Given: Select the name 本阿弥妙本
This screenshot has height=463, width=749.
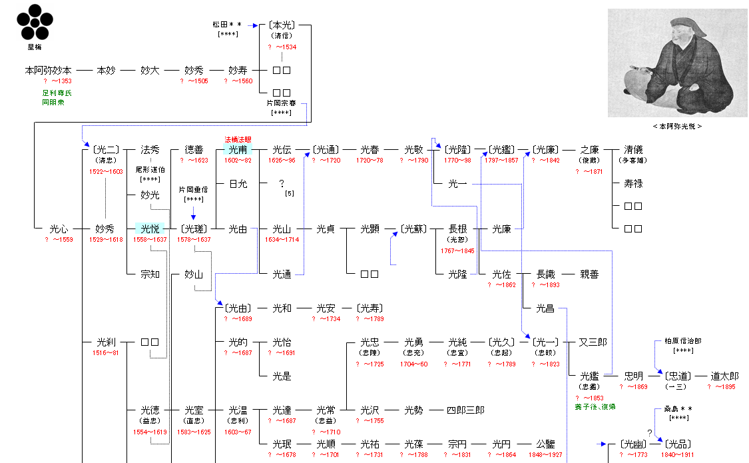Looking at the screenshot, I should pyautogui.click(x=48, y=70).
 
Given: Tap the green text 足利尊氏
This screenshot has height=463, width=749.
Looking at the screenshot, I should pyautogui.click(x=57, y=93).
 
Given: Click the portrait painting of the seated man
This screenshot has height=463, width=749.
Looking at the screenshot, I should pyautogui.click(x=677, y=63).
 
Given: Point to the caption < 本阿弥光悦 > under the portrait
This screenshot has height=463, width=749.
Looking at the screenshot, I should pyautogui.click(x=677, y=126).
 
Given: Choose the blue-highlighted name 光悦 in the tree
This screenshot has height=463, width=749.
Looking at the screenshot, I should pyautogui.click(x=150, y=229).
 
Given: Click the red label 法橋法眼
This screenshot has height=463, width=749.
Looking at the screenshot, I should pyautogui.click(x=238, y=140).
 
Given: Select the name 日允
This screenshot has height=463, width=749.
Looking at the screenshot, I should pyautogui.click(x=238, y=184).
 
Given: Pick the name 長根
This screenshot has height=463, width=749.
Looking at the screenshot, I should pyautogui.click(x=457, y=229).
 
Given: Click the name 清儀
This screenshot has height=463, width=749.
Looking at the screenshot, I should pyautogui.click(x=633, y=150).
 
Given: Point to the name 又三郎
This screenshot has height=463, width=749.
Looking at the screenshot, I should pyautogui.click(x=593, y=342).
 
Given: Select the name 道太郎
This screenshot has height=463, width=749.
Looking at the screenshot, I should pyautogui.click(x=724, y=376).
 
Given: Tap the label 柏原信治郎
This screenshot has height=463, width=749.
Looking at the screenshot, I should pyautogui.click(x=682, y=341).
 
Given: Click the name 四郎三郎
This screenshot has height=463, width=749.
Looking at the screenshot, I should pyautogui.click(x=465, y=410).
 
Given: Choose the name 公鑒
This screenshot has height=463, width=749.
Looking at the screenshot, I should pyautogui.click(x=545, y=444).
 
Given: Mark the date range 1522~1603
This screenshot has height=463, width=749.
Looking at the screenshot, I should pyautogui.click(x=106, y=172).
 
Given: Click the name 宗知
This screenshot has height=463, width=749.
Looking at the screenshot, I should pyautogui.click(x=150, y=274).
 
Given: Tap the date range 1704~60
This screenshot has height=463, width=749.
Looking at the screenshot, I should pyautogui.click(x=413, y=364).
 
